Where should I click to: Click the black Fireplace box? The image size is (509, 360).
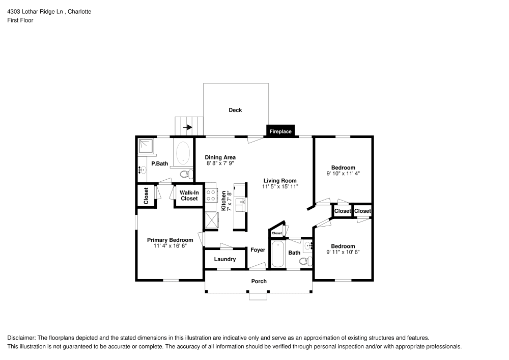280,131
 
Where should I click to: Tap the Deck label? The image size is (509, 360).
235,110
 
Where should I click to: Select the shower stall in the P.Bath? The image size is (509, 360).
147,146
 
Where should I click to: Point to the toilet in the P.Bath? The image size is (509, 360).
186,174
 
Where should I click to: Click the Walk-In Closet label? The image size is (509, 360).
189,196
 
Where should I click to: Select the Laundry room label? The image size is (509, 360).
224,259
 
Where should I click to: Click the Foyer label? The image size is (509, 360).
258,250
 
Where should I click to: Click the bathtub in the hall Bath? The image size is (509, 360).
277,255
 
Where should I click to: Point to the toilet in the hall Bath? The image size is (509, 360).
304,262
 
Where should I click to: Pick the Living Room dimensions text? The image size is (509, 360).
280,187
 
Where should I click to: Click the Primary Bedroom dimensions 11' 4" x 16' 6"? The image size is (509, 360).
170,246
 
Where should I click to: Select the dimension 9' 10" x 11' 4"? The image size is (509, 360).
343,174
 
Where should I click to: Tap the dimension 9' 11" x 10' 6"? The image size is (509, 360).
343,253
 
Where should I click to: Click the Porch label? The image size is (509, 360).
259,281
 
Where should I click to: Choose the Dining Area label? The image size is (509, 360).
220,157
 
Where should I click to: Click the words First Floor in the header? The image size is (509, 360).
20,20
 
